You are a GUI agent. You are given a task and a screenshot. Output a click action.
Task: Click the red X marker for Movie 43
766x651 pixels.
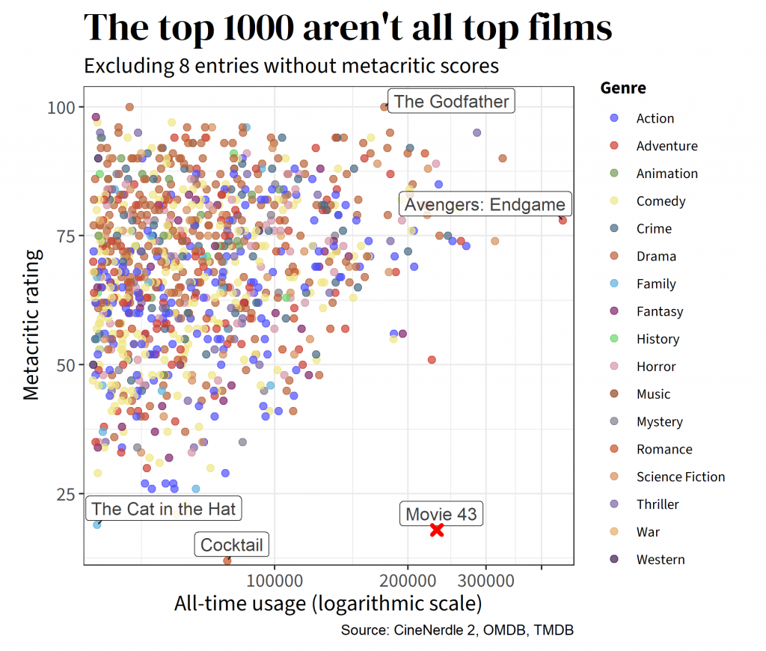437,530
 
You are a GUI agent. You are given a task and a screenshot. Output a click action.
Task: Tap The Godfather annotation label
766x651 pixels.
451,102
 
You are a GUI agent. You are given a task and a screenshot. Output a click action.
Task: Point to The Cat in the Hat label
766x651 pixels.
164,510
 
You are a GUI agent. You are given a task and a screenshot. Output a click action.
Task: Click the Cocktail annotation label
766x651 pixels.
232,545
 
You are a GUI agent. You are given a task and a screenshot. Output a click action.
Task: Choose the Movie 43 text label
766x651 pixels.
441,514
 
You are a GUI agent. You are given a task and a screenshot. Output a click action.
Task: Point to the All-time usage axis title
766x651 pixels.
328,603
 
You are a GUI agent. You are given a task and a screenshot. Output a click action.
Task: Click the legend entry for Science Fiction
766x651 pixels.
680,477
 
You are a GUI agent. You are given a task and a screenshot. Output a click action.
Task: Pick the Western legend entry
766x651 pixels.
660,559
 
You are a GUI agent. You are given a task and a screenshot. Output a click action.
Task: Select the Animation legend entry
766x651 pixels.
667,174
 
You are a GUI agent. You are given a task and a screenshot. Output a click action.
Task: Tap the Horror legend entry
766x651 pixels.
655,367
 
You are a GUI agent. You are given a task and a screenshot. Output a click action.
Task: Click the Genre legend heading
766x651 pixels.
623,88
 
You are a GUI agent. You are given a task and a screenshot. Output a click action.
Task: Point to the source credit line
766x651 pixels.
457,630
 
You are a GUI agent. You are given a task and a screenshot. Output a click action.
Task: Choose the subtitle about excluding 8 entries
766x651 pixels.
291,66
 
